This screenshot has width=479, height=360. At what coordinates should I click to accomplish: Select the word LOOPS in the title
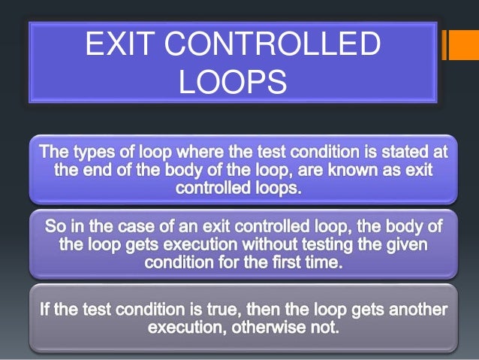[x=233, y=82]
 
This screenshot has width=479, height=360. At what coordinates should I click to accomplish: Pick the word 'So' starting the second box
[x=55, y=225]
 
